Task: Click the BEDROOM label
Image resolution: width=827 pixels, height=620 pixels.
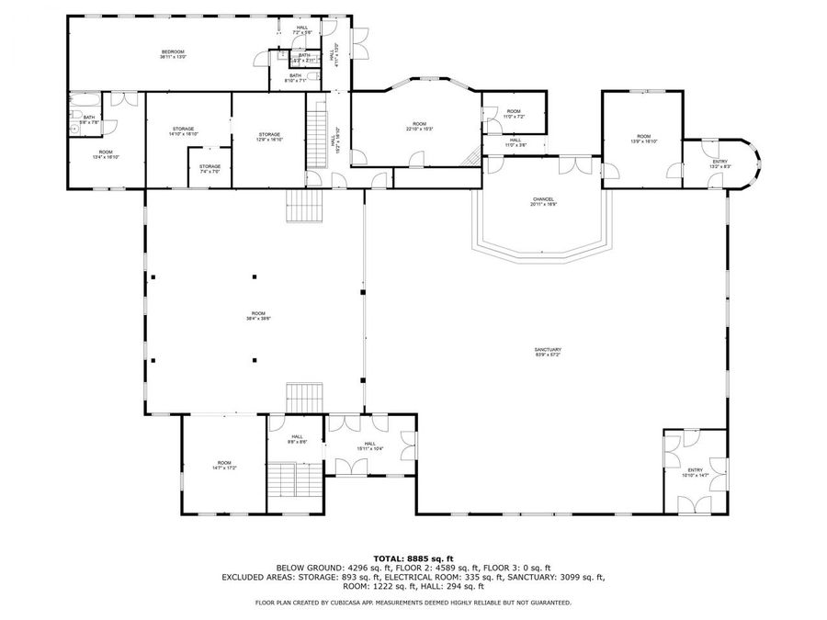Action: pyautogui.click(x=174, y=54)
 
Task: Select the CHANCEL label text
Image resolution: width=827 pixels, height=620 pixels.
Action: pyautogui.click(x=542, y=200)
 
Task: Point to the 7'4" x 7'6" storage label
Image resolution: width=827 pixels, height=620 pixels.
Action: pyautogui.click(x=210, y=168)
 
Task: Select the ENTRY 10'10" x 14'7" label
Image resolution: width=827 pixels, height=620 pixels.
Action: pyautogui.click(x=695, y=472)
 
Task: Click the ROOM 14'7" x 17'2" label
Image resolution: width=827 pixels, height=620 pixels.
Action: pyautogui.click(x=224, y=465)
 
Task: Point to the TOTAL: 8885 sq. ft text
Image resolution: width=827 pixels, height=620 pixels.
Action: pyautogui.click(x=413, y=558)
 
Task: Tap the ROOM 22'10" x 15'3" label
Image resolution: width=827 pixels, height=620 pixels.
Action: pyautogui.click(x=419, y=127)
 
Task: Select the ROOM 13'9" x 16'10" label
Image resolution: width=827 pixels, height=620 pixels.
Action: pyautogui.click(x=643, y=139)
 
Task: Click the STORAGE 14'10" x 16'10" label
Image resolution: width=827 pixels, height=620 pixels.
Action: pyautogui.click(x=183, y=131)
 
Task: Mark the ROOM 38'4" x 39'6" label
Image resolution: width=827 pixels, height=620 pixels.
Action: pyautogui.click(x=256, y=317)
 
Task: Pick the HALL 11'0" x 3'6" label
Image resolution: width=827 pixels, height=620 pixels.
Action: pyautogui.click(x=515, y=142)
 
